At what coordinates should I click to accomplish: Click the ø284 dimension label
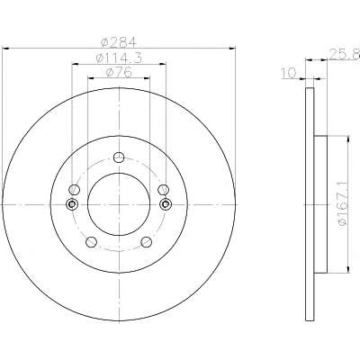pyautogui.click(x=119, y=42)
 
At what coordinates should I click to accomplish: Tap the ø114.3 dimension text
pyautogui.click(x=119, y=58)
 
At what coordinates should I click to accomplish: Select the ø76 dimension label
pyautogui.click(x=119, y=72)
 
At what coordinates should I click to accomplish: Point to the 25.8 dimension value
pyautogui.click(x=345, y=54)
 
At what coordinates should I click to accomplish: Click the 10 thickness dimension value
pyautogui.click(x=289, y=73)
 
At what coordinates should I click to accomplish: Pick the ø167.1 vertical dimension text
pyautogui.click(x=342, y=204)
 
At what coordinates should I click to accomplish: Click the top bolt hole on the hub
pyautogui.click(x=119, y=157)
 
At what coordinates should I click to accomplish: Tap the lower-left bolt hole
pyautogui.click(x=91, y=242)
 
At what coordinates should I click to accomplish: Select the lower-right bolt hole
pyautogui.click(x=147, y=242)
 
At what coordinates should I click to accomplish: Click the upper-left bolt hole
pyautogui.click(x=74, y=190)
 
